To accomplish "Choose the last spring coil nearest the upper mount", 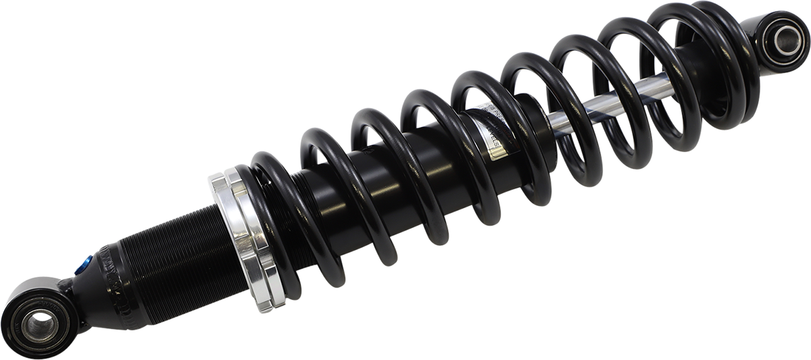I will [737, 61].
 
